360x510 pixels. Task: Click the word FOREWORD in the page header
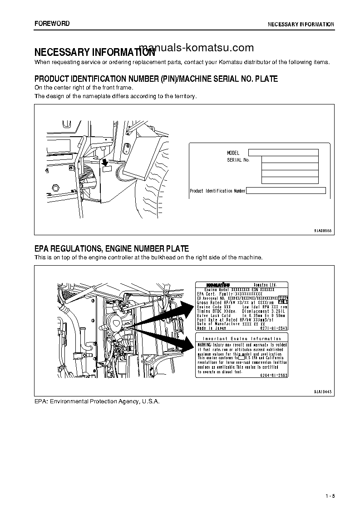pos(52,24)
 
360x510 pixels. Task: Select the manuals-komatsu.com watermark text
pos(196,48)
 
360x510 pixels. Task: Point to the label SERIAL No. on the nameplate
pos(238,160)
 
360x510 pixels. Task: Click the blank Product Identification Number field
pos(286,191)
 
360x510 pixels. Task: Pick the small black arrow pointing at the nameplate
pos(105,162)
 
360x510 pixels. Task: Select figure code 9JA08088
pos(323,231)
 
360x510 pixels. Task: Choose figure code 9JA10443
pos(323,391)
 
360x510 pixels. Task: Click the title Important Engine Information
pos(242,339)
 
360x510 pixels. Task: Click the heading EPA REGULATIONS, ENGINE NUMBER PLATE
pos(112,248)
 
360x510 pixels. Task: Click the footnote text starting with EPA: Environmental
pos(97,402)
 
